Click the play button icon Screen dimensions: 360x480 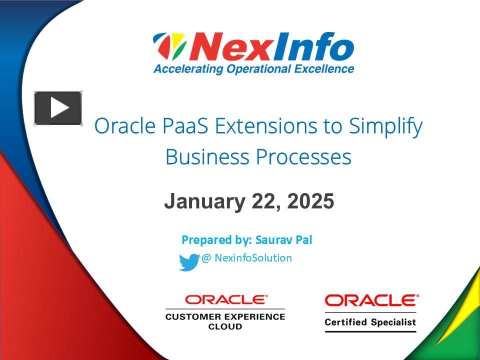coord(58,108)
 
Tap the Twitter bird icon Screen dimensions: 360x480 coord(189,262)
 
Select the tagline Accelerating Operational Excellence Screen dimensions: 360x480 coord(253,69)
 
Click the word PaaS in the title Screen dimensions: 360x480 coord(186,126)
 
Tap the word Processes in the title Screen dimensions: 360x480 coord(303,157)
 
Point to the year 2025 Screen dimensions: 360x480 coord(310,201)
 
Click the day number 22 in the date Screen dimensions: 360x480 coord(260,201)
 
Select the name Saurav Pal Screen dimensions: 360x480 coord(283,240)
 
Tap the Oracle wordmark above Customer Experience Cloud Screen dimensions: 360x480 coord(226,299)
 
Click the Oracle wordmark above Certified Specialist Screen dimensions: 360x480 coord(371,300)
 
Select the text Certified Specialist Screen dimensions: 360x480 coord(370,322)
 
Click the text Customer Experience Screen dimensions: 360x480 coord(225,316)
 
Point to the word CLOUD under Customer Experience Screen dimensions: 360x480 coord(225,326)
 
